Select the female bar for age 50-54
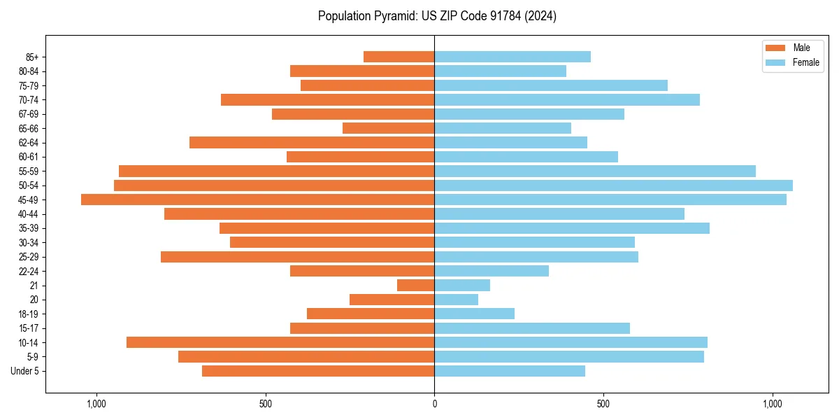click(x=613, y=185)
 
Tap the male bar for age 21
click(x=415, y=285)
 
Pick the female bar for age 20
click(x=456, y=300)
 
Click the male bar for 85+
click(x=399, y=57)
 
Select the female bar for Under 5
click(x=510, y=371)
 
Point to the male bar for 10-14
click(x=280, y=342)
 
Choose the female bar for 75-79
click(x=551, y=85)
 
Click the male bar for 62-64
click(x=312, y=142)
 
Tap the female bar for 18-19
click(x=474, y=314)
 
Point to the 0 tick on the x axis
click(x=434, y=404)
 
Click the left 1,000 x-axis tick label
click(x=96, y=404)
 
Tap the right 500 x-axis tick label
click(x=603, y=404)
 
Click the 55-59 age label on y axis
click(x=29, y=171)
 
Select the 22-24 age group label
click(x=29, y=271)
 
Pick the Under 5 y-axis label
click(x=25, y=371)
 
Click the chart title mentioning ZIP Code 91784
click(x=437, y=16)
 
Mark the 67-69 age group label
click(x=29, y=114)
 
